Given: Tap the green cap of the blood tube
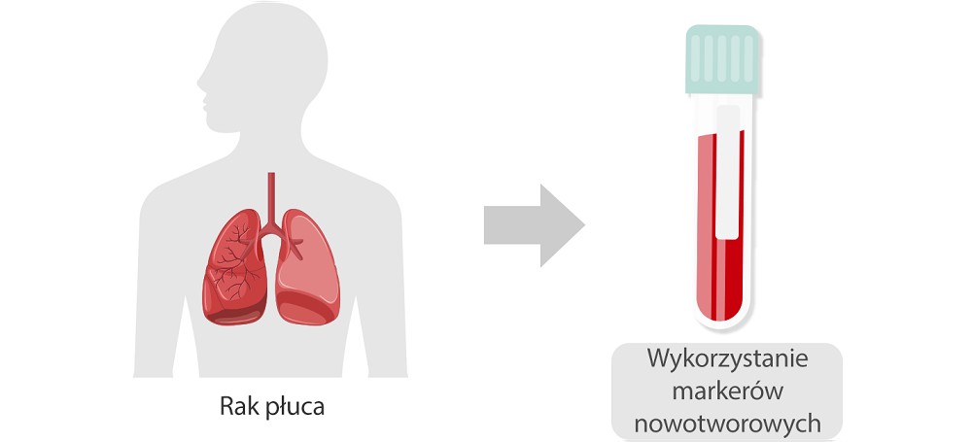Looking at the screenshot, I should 720,60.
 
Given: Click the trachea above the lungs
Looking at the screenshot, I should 271,194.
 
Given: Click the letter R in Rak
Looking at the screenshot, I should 226,407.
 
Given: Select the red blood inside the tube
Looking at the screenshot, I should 719,262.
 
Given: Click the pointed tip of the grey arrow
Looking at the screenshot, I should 582,225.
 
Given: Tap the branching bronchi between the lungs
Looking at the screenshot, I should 271,229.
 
